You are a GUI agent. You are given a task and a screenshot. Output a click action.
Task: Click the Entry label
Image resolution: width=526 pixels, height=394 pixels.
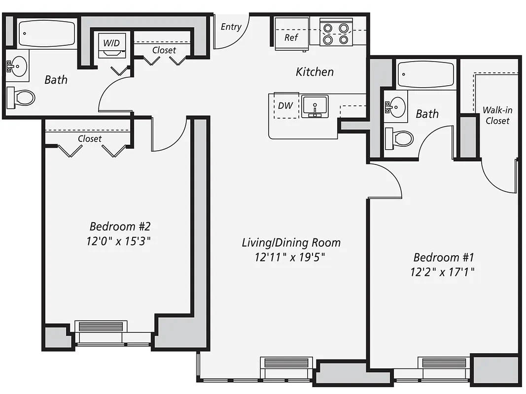tap(231, 27)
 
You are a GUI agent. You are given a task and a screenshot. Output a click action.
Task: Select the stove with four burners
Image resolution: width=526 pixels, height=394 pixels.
tap(336, 33)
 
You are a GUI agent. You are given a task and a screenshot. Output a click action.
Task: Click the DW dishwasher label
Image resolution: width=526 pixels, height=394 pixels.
tap(285, 105)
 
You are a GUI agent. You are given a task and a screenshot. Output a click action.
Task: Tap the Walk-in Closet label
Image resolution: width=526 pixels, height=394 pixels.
tap(497, 115)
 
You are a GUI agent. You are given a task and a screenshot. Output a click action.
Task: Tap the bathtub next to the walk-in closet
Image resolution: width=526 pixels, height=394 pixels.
tap(426, 75)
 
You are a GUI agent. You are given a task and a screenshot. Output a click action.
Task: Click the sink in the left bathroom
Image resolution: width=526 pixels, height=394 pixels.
tap(19, 66)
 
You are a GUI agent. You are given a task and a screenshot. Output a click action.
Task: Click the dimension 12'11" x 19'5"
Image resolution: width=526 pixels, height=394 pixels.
tap(291, 257)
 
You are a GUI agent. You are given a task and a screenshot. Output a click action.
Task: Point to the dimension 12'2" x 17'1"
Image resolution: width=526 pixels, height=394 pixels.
tap(442, 272)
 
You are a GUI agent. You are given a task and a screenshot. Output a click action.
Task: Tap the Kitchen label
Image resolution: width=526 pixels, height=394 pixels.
tap(315, 72)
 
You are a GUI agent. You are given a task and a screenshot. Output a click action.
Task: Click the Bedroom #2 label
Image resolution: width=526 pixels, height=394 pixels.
tap(119, 227)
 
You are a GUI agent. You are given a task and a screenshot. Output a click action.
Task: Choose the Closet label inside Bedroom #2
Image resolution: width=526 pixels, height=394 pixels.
tap(90, 139)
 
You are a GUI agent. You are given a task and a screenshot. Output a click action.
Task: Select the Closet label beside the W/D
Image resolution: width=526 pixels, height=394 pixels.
tap(164, 50)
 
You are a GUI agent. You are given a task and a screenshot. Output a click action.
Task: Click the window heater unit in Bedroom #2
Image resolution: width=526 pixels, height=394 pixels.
tap(101, 327)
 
